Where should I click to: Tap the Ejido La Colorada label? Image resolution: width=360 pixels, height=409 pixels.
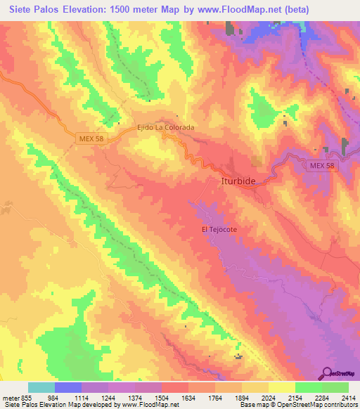pos(165,128)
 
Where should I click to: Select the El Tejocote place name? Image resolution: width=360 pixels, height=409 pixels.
pos(220,229)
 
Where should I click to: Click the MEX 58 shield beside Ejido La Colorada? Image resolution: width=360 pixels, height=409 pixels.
pos(90,139)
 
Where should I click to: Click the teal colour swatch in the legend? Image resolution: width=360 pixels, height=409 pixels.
pos(41,387)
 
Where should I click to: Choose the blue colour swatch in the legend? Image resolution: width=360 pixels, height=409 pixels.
pos(68,387)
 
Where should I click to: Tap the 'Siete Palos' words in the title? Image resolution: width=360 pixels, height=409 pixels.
pos(32,11)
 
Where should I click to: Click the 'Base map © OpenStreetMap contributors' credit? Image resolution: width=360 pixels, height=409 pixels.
pos(297,405)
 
